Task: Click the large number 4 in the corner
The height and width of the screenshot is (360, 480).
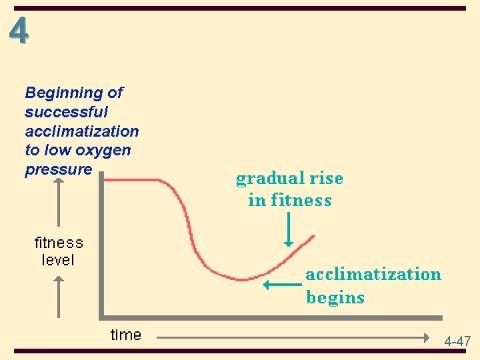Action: tap(19, 31)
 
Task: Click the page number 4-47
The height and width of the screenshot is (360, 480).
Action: tap(458, 341)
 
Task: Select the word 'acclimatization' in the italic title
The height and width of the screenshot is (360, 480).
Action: tap(82, 131)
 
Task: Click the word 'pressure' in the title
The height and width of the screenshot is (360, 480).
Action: tap(58, 169)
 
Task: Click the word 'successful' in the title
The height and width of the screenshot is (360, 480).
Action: tap(66, 112)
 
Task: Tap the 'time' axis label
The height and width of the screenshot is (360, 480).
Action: tap(126, 335)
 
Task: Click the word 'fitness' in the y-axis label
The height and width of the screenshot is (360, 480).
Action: tap(59, 243)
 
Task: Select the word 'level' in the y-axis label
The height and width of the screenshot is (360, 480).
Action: tap(58, 260)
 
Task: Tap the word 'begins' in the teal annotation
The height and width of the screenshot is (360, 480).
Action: tap(335, 297)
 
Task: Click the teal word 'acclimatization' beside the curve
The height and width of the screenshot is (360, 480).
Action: tap(373, 274)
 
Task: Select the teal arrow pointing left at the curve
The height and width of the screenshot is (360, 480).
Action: tap(282, 285)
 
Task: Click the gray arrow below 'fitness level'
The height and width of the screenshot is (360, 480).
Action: tap(59, 297)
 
